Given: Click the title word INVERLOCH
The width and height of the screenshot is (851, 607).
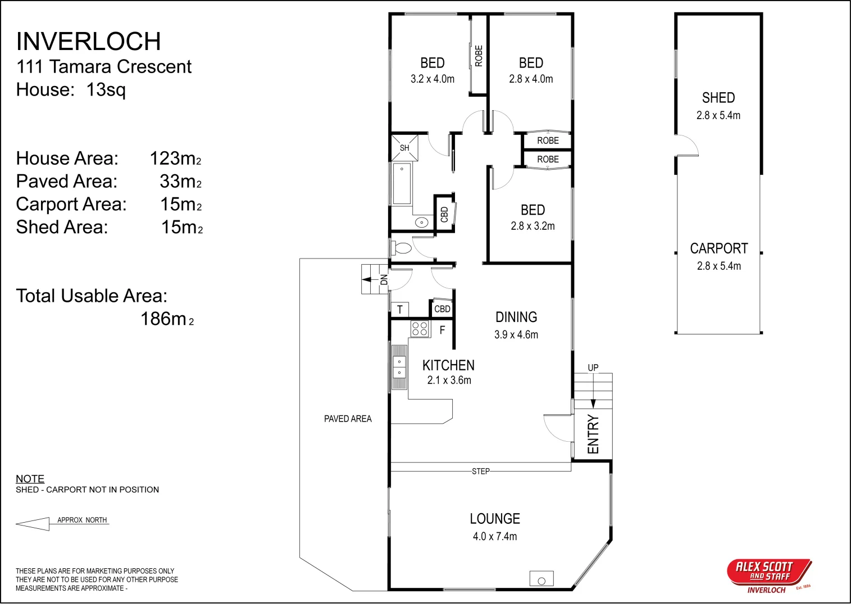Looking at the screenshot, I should (x=89, y=42).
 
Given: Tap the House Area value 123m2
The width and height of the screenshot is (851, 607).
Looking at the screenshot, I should (x=175, y=158).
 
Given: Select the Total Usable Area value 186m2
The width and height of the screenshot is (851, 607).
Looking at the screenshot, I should (x=167, y=319).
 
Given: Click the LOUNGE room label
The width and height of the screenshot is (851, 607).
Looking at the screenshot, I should (x=495, y=519).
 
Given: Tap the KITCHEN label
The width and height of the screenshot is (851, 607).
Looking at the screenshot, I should (x=448, y=365).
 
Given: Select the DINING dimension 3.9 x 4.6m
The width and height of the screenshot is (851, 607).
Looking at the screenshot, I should (x=516, y=335).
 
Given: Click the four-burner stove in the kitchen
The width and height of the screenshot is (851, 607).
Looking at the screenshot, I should (x=419, y=328).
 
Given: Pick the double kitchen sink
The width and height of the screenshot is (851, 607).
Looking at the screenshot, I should (x=399, y=367).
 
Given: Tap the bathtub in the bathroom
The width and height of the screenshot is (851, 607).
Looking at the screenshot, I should (x=402, y=183).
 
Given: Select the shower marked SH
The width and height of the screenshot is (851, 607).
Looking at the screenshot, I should (x=404, y=147).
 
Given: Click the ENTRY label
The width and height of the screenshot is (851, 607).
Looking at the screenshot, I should (x=593, y=434).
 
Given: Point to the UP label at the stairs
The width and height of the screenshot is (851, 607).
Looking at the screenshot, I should (x=593, y=368).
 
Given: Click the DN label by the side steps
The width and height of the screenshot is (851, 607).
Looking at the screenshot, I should (x=384, y=279).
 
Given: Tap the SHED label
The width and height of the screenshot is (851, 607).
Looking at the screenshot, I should (x=718, y=98).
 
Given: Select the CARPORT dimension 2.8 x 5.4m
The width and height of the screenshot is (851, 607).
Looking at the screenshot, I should (x=718, y=266).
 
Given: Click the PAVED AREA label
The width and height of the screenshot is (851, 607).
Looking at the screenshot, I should (x=348, y=419).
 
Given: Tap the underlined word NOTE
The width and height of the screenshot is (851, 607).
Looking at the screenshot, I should (x=30, y=479).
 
